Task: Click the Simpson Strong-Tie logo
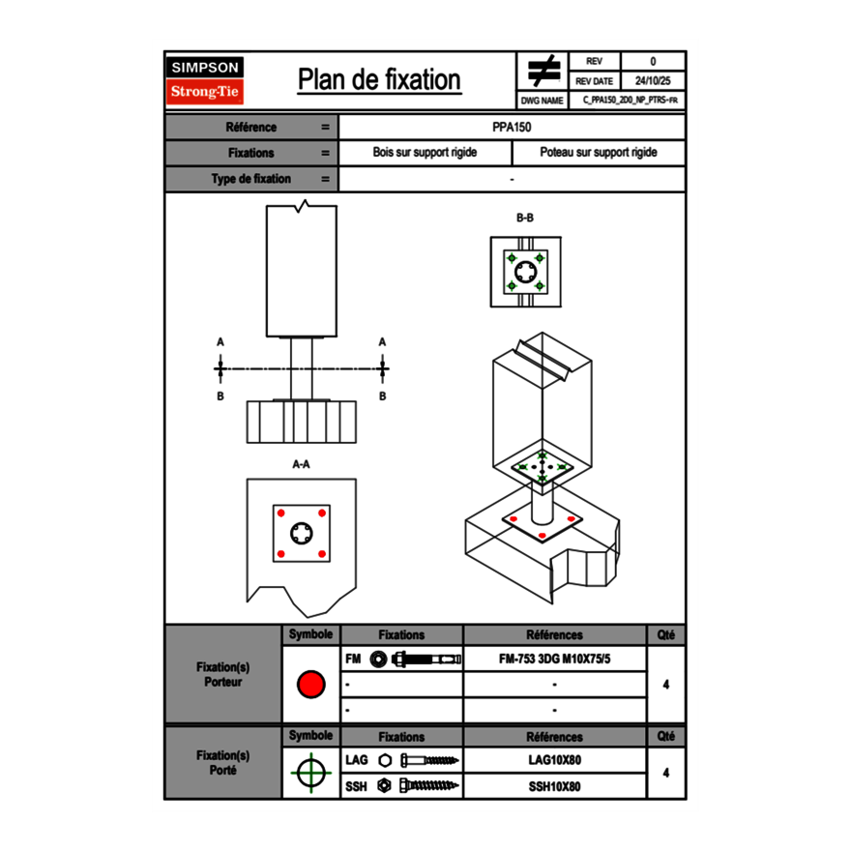(206, 80)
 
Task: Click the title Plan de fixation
(379, 80)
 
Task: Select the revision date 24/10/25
(652, 81)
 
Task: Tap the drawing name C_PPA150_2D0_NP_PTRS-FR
(630, 100)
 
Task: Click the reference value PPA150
(512, 127)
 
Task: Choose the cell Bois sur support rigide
(425, 153)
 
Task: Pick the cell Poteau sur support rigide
(598, 153)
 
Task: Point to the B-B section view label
(524, 219)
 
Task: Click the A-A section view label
(301, 464)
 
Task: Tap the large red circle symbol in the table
(310, 685)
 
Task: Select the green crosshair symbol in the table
(310, 773)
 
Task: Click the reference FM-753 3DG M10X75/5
(554, 660)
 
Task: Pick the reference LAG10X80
(554, 760)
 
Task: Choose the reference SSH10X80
(554, 786)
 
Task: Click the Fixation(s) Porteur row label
(222, 674)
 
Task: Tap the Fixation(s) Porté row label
(222, 763)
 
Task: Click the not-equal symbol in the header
(543, 72)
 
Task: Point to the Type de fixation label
(251, 179)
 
